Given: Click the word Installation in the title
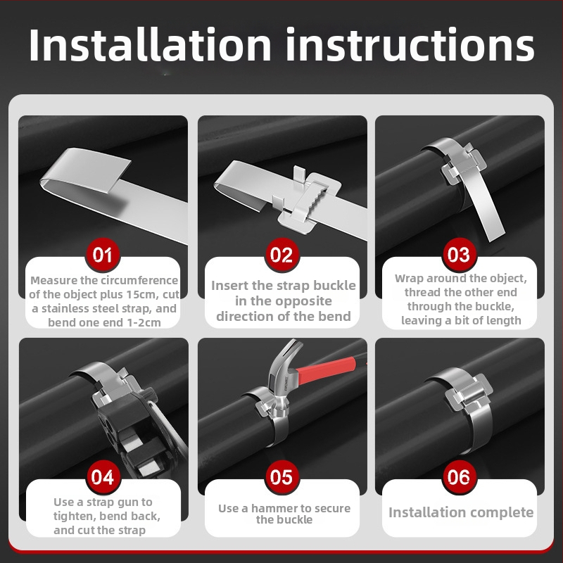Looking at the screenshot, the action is coord(150,45).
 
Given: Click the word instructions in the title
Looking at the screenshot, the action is coord(410,45).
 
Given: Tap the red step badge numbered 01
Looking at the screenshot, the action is coord(102,255).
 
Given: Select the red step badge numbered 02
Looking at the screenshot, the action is coord(281,255).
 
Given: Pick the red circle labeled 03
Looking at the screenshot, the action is coord(459,255).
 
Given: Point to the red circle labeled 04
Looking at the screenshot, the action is coord(103,477).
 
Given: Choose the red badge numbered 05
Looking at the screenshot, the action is coord(281,477).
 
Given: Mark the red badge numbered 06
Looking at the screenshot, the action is coord(459,477).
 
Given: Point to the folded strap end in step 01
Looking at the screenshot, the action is coord(86,172).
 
